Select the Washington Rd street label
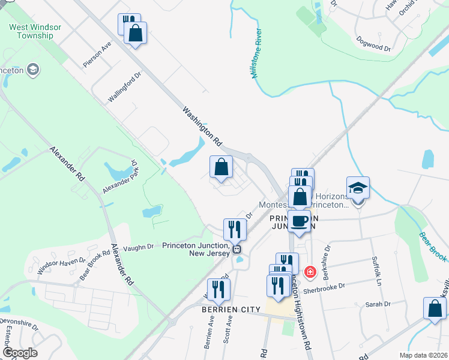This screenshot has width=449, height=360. [x=203, y=127]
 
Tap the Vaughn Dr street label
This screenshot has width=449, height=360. [x=139, y=248]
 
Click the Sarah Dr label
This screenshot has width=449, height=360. [x=378, y=304]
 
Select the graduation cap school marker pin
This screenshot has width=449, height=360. [x=358, y=188]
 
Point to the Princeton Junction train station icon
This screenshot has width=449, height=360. [x=238, y=250]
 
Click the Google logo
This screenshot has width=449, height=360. [x=20, y=353]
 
